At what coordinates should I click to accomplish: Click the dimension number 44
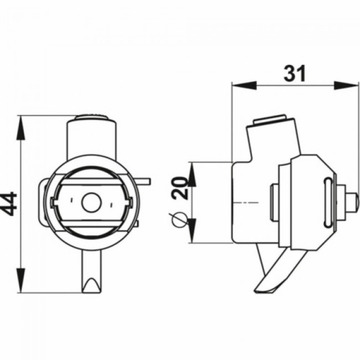[x=9, y=204]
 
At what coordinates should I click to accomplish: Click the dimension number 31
[x=295, y=74]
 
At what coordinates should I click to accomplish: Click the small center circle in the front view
[x=91, y=203]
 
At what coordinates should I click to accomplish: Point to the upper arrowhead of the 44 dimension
[x=20, y=127]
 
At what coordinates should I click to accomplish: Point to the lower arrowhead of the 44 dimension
[x=20, y=280]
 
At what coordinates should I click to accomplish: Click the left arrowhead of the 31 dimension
[x=244, y=85]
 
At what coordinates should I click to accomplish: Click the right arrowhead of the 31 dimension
[x=346, y=85]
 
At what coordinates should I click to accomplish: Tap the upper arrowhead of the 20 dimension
[x=192, y=174]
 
